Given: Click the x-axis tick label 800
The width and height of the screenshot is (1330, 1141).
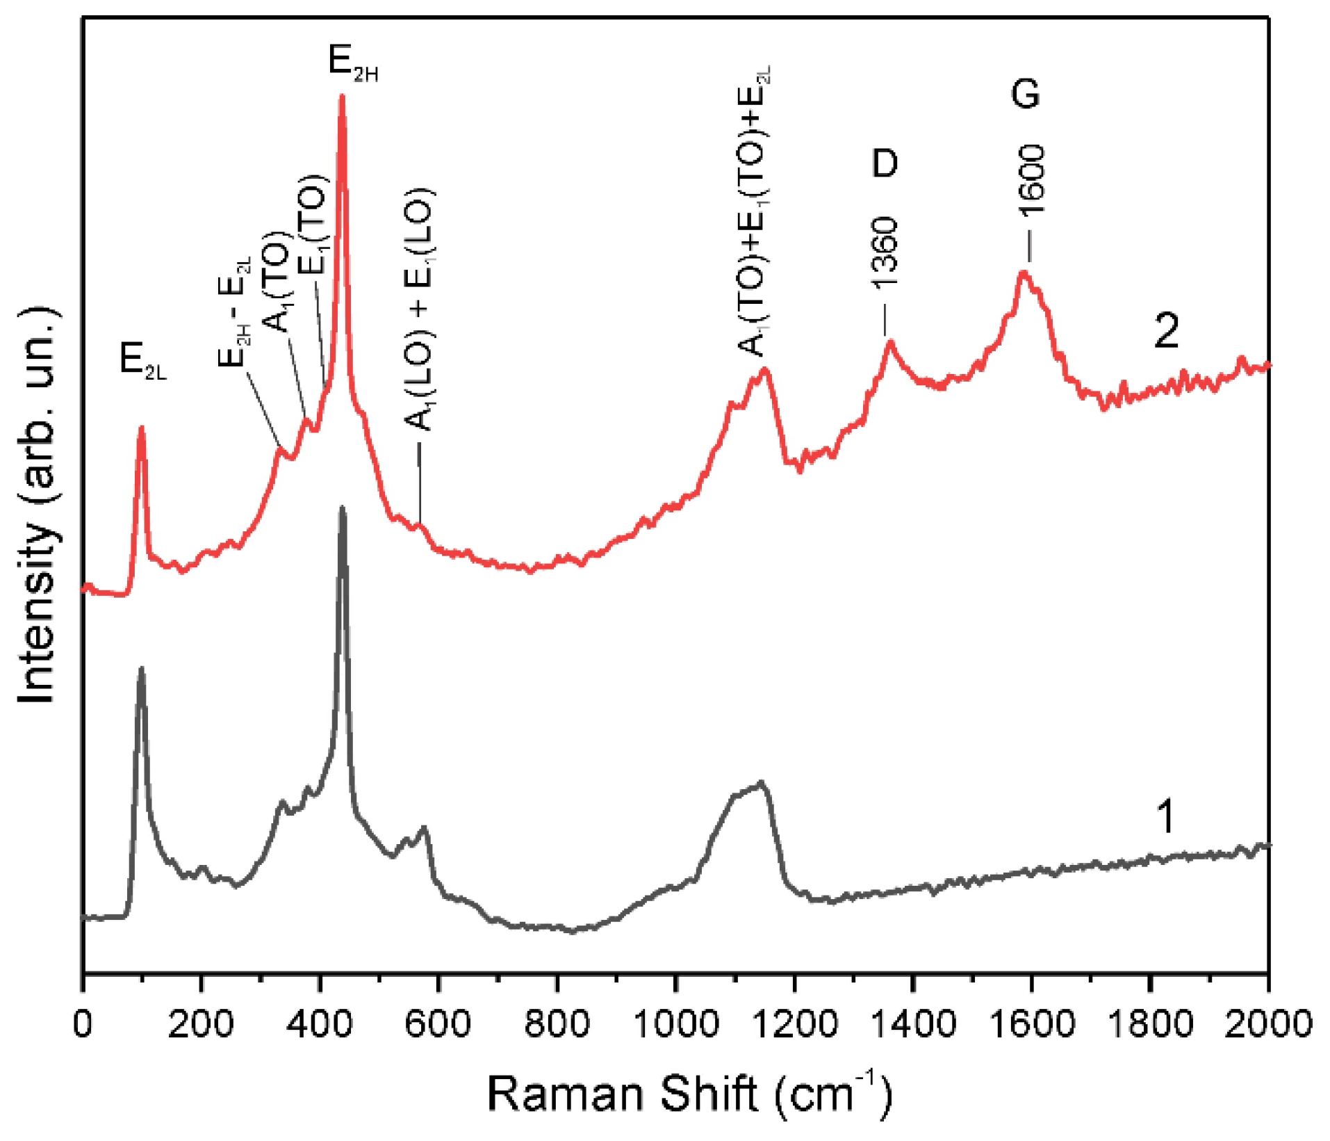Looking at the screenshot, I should click(x=557, y=1024).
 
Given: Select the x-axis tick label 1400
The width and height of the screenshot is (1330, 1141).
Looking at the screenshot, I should click(x=913, y=1024).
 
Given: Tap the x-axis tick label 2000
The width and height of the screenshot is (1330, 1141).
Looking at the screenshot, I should click(x=1268, y=1024).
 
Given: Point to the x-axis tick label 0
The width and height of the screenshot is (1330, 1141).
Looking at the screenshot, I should click(x=83, y=1024).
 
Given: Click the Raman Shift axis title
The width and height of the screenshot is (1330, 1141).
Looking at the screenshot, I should click(x=688, y=1094).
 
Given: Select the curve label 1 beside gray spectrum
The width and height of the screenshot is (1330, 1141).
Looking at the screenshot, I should click(x=1165, y=816).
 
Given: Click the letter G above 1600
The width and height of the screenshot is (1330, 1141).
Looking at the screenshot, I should click(x=1025, y=93).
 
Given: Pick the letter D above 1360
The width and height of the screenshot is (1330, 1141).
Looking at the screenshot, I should click(x=885, y=163).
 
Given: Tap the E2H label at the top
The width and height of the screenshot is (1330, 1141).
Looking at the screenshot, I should click(x=352, y=63).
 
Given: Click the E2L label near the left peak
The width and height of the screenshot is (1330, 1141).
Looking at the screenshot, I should click(x=142, y=361).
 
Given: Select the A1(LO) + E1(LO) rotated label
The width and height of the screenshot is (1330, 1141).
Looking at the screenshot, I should click(x=420, y=309).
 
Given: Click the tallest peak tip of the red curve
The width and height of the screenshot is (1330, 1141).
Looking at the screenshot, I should click(x=341, y=97).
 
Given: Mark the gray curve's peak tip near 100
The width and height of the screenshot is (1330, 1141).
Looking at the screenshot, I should click(x=142, y=668).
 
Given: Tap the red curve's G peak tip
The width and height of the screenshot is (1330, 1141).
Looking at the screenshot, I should click(x=1023, y=272).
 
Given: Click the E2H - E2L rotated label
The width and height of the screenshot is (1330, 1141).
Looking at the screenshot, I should click(x=236, y=311).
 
